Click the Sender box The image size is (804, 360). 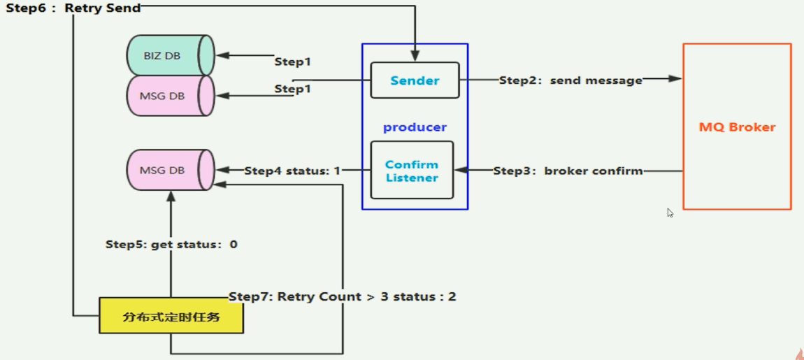[x=415, y=80]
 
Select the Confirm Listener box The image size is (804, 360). [x=412, y=171]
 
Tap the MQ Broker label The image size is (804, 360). [x=737, y=127]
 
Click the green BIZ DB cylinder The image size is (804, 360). [x=168, y=56]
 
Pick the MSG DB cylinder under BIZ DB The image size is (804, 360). [x=168, y=96]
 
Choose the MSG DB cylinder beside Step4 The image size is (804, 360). [x=168, y=170]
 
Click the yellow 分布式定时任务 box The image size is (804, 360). [x=171, y=317]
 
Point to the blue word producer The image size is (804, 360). [x=415, y=127]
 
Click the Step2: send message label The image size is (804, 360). [x=570, y=80]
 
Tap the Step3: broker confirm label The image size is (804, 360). [x=568, y=171]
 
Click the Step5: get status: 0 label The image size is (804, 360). [x=171, y=245]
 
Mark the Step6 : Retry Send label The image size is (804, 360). [x=73, y=8]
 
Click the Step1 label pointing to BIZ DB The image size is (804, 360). [x=292, y=62]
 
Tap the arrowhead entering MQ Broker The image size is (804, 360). [x=675, y=79]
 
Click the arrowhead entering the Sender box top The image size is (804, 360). [x=415, y=55]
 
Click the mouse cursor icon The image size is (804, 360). [x=670, y=213]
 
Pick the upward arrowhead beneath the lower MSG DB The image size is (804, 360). [x=170, y=199]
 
